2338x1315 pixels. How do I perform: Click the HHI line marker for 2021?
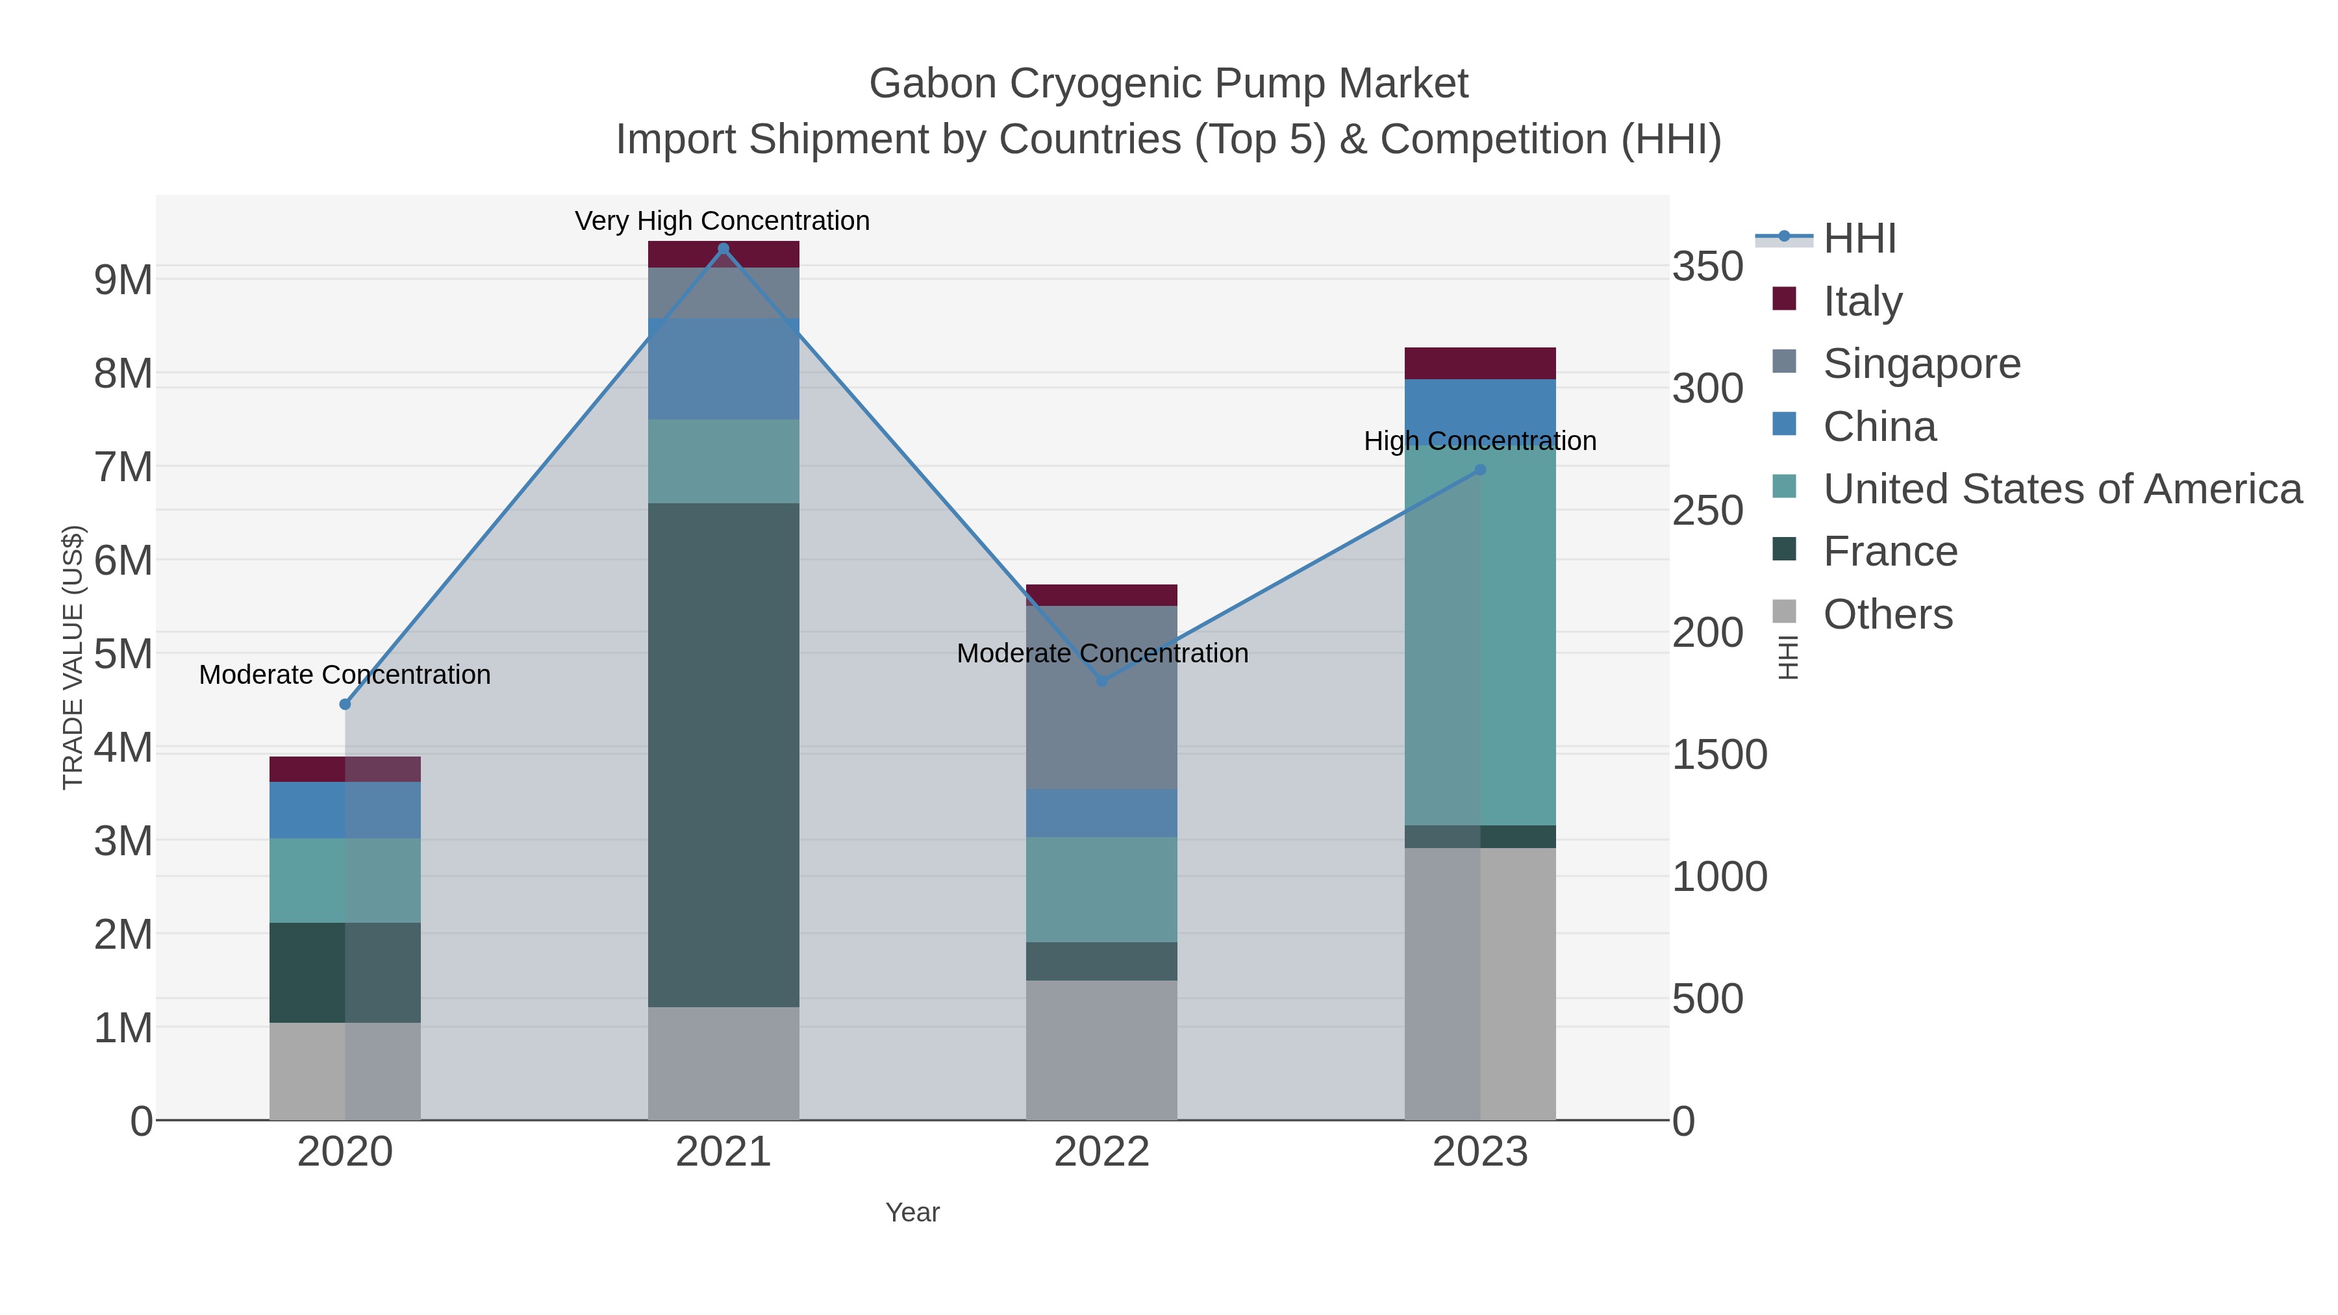(723, 249)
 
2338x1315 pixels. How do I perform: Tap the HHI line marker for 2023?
(1480, 470)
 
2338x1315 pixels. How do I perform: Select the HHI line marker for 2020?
(345, 704)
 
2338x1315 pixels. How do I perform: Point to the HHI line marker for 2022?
(1102, 680)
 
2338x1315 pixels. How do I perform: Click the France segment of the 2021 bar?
(723, 753)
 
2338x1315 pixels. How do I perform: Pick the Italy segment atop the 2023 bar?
(1480, 363)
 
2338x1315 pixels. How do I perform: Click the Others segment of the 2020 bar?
(345, 1071)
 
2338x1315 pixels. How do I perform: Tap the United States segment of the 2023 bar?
(1480, 635)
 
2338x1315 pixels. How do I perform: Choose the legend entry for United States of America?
(2061, 489)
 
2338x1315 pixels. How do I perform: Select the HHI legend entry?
(1859, 239)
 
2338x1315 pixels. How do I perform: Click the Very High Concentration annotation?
(722, 221)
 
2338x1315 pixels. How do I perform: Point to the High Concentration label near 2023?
(1480, 441)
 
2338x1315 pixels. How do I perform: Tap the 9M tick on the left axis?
(123, 281)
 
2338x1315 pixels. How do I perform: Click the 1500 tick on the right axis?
(1719, 755)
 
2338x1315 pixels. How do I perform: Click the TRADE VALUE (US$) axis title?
(73, 657)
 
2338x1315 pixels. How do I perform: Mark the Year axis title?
(912, 1212)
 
